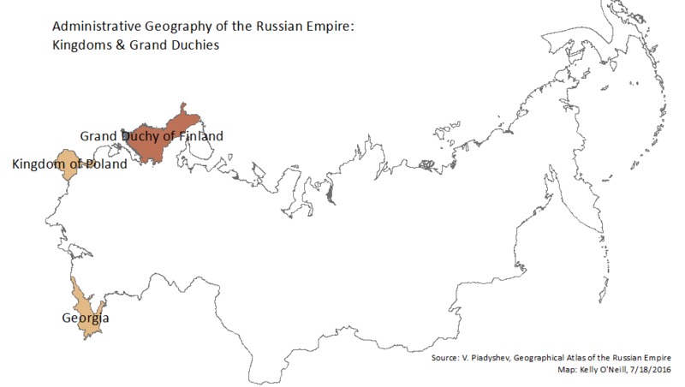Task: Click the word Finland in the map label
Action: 200,136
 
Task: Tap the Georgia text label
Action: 86,319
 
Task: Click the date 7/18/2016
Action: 653,369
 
